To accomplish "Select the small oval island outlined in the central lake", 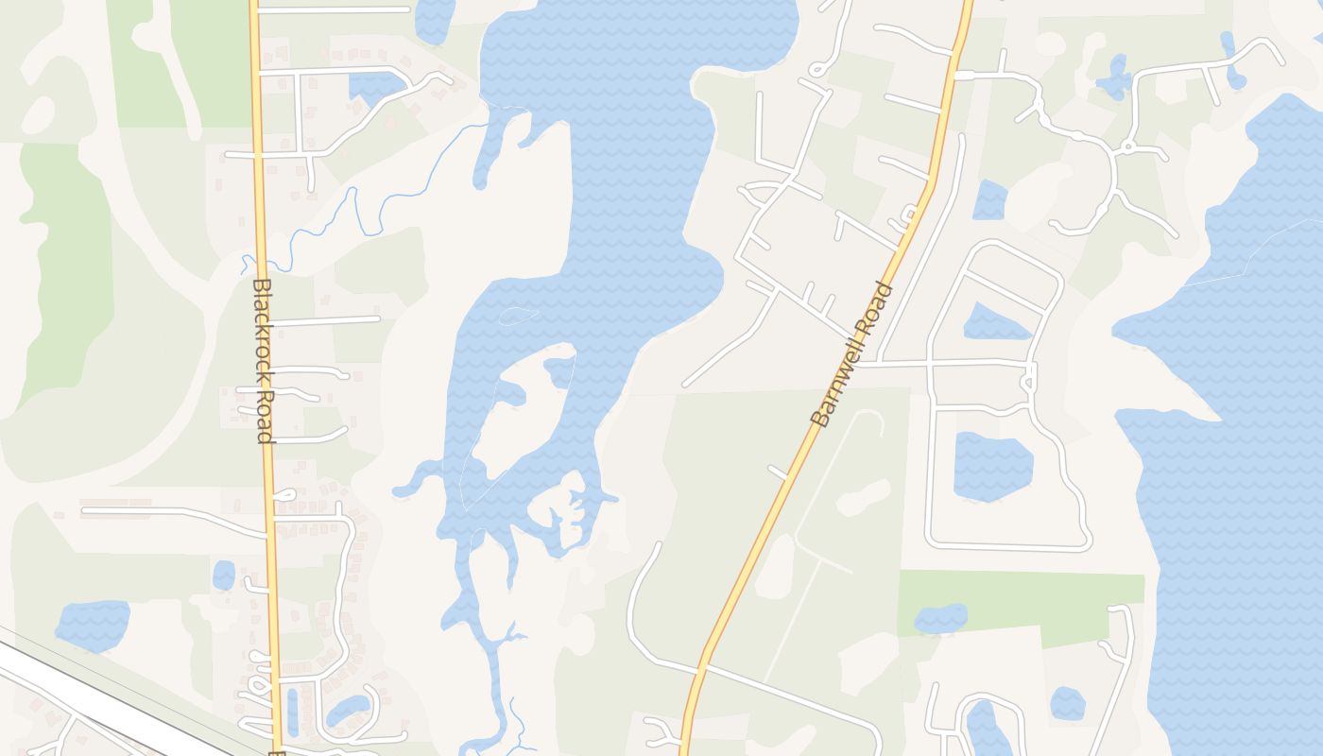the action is (x=518, y=316).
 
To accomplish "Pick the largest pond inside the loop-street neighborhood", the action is (x=991, y=466).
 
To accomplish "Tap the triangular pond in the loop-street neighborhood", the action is (x=994, y=323).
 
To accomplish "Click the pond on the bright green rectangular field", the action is (x=941, y=619).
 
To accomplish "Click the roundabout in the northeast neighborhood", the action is (x=1126, y=147).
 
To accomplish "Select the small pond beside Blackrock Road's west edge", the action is (x=224, y=575).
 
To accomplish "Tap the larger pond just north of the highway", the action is (x=92, y=624).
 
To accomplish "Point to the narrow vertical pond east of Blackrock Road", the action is (x=292, y=712).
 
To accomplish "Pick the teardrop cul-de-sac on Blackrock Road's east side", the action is (x=283, y=495).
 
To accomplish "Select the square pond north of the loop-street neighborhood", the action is (x=989, y=199).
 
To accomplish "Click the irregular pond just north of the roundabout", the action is (x=1115, y=77).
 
